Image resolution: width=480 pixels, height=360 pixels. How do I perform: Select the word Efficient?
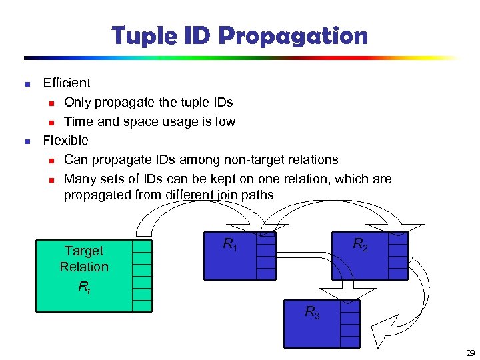[x=67, y=83]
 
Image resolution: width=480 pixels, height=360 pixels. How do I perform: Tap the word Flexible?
[x=65, y=141]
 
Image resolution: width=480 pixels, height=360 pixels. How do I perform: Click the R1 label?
[x=230, y=245]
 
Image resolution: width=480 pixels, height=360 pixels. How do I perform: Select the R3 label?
[x=312, y=311]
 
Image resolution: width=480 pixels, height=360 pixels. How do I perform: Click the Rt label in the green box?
[x=83, y=288]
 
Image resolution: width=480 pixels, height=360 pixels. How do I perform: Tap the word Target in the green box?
[x=84, y=251]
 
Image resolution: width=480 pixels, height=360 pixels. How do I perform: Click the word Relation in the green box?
[x=84, y=267]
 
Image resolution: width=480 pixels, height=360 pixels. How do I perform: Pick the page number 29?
[x=471, y=353]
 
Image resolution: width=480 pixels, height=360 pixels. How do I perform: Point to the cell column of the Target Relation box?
[x=142, y=275]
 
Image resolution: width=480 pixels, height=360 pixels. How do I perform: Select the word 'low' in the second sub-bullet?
[x=225, y=122]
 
